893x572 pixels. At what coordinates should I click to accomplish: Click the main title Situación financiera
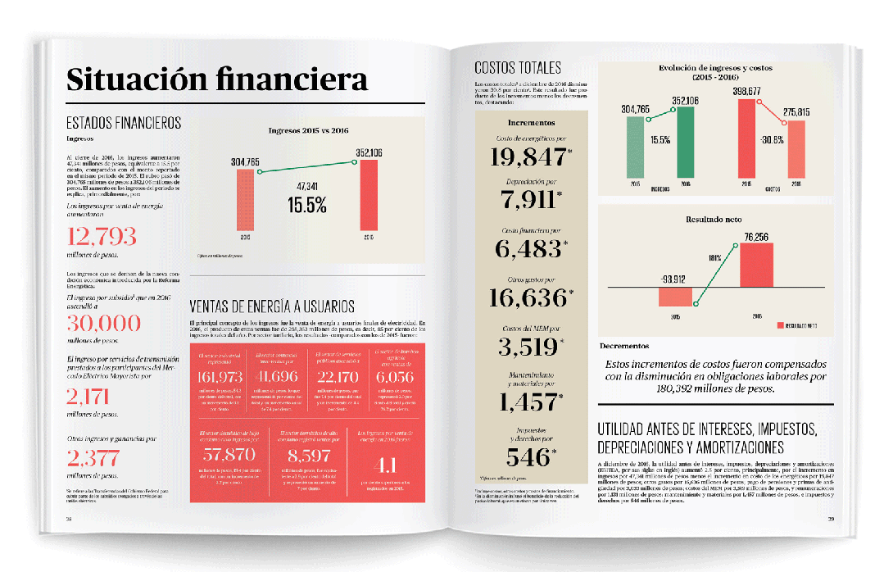[x=217, y=80]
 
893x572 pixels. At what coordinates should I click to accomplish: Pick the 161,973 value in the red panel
[x=220, y=377]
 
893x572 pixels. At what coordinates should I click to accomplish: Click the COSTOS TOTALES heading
[x=518, y=68]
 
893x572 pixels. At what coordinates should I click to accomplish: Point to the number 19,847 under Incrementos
[x=529, y=157]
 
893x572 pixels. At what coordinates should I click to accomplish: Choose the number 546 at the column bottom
[x=529, y=456]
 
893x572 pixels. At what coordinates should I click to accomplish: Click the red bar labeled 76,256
[x=756, y=266]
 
